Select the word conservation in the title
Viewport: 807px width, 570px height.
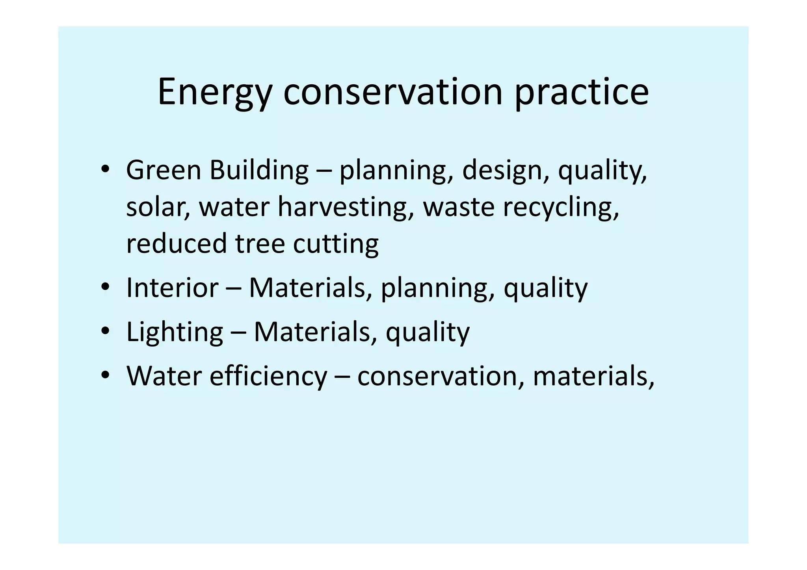coord(393,93)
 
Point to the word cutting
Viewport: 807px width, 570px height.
coord(336,243)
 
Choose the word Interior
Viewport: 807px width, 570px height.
coord(172,288)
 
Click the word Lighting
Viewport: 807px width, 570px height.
coord(175,332)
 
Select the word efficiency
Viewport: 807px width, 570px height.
coord(268,376)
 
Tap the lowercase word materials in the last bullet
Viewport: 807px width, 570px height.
coord(593,376)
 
